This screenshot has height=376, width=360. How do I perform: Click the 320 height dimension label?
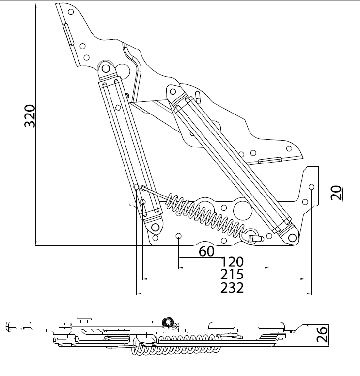30,115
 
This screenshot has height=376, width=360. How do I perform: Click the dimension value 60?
206,251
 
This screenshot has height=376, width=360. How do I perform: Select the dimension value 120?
233,262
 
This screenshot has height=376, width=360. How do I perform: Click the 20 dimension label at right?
336,194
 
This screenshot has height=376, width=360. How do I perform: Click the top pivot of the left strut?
107,68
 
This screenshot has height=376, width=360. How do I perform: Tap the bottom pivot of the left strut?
155,227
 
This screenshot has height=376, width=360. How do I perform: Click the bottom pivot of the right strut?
291,238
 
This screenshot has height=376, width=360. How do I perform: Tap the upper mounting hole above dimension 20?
312,187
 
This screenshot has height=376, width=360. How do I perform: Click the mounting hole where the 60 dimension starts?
179,236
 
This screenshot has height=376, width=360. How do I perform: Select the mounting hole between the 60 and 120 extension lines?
224,241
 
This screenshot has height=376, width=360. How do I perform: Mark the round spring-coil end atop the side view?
168,322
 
